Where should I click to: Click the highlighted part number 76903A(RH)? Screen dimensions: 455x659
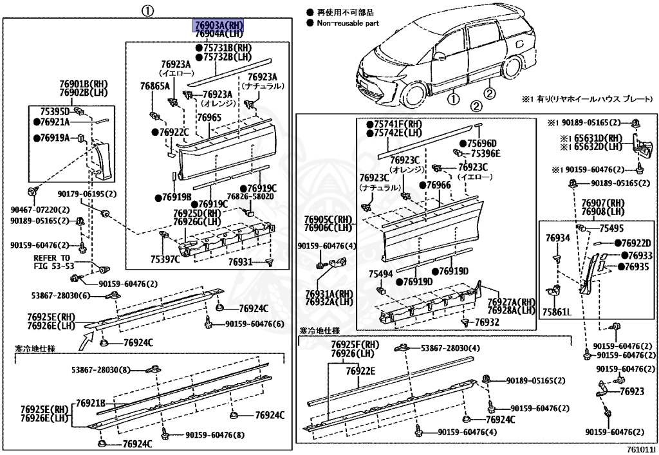(219, 25)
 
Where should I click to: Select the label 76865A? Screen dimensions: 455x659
(154, 86)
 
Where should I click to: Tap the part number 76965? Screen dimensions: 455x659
(209, 118)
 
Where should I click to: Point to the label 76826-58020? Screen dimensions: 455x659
(250, 197)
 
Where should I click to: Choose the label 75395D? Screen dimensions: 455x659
(55, 111)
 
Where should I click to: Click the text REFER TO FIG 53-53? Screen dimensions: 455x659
(54, 261)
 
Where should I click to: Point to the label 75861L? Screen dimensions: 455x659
(557, 312)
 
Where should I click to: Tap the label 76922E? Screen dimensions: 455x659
(360, 371)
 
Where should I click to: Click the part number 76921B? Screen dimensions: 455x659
(91, 403)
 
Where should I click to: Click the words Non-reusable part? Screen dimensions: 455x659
(347, 23)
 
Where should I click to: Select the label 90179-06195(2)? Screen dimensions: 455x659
(87, 194)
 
